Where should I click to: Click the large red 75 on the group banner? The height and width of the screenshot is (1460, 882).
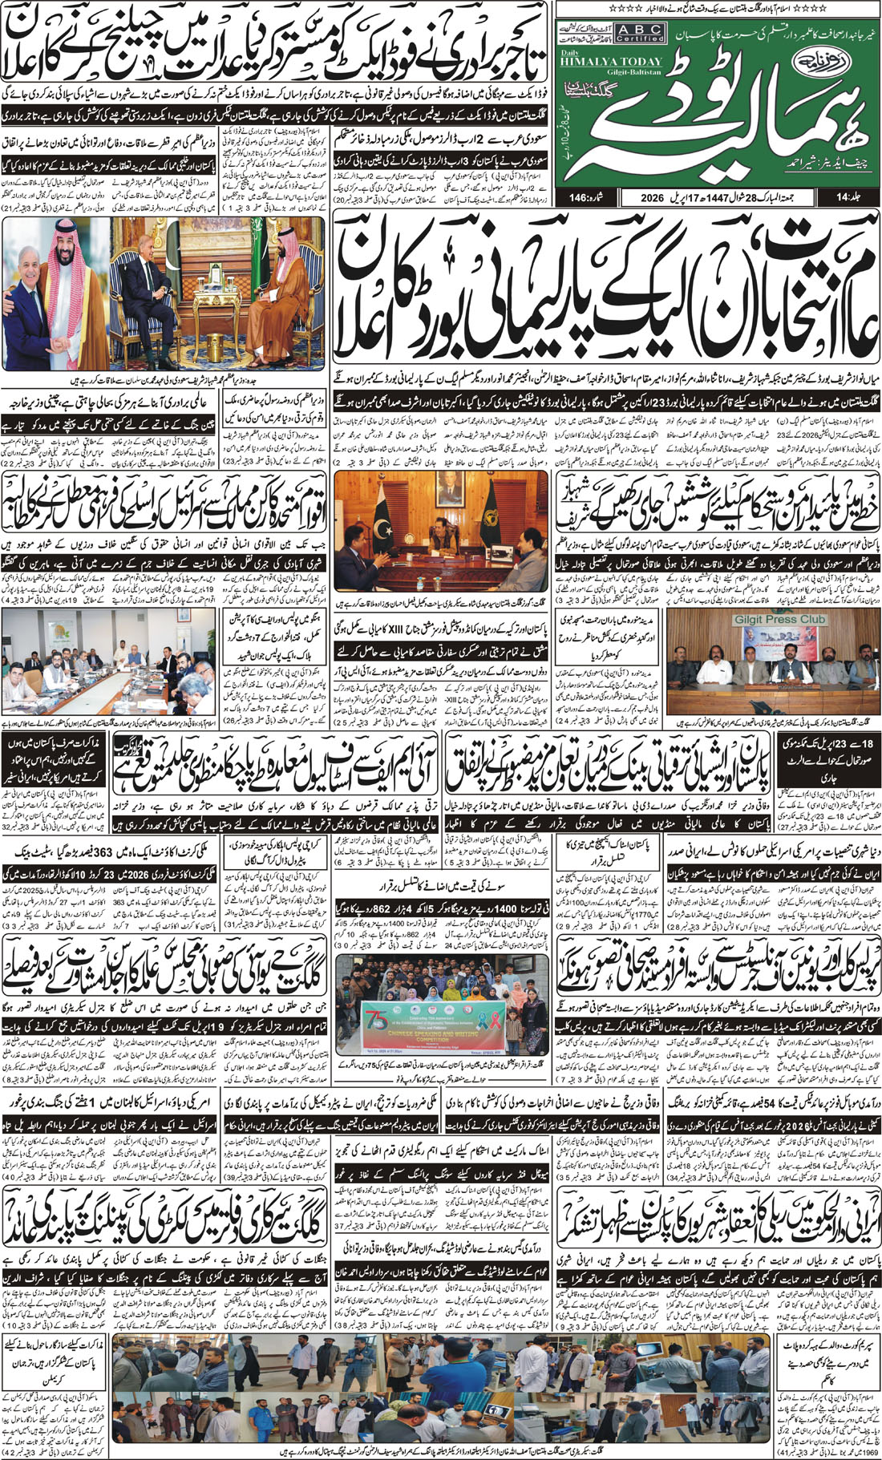pos(378,1013)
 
